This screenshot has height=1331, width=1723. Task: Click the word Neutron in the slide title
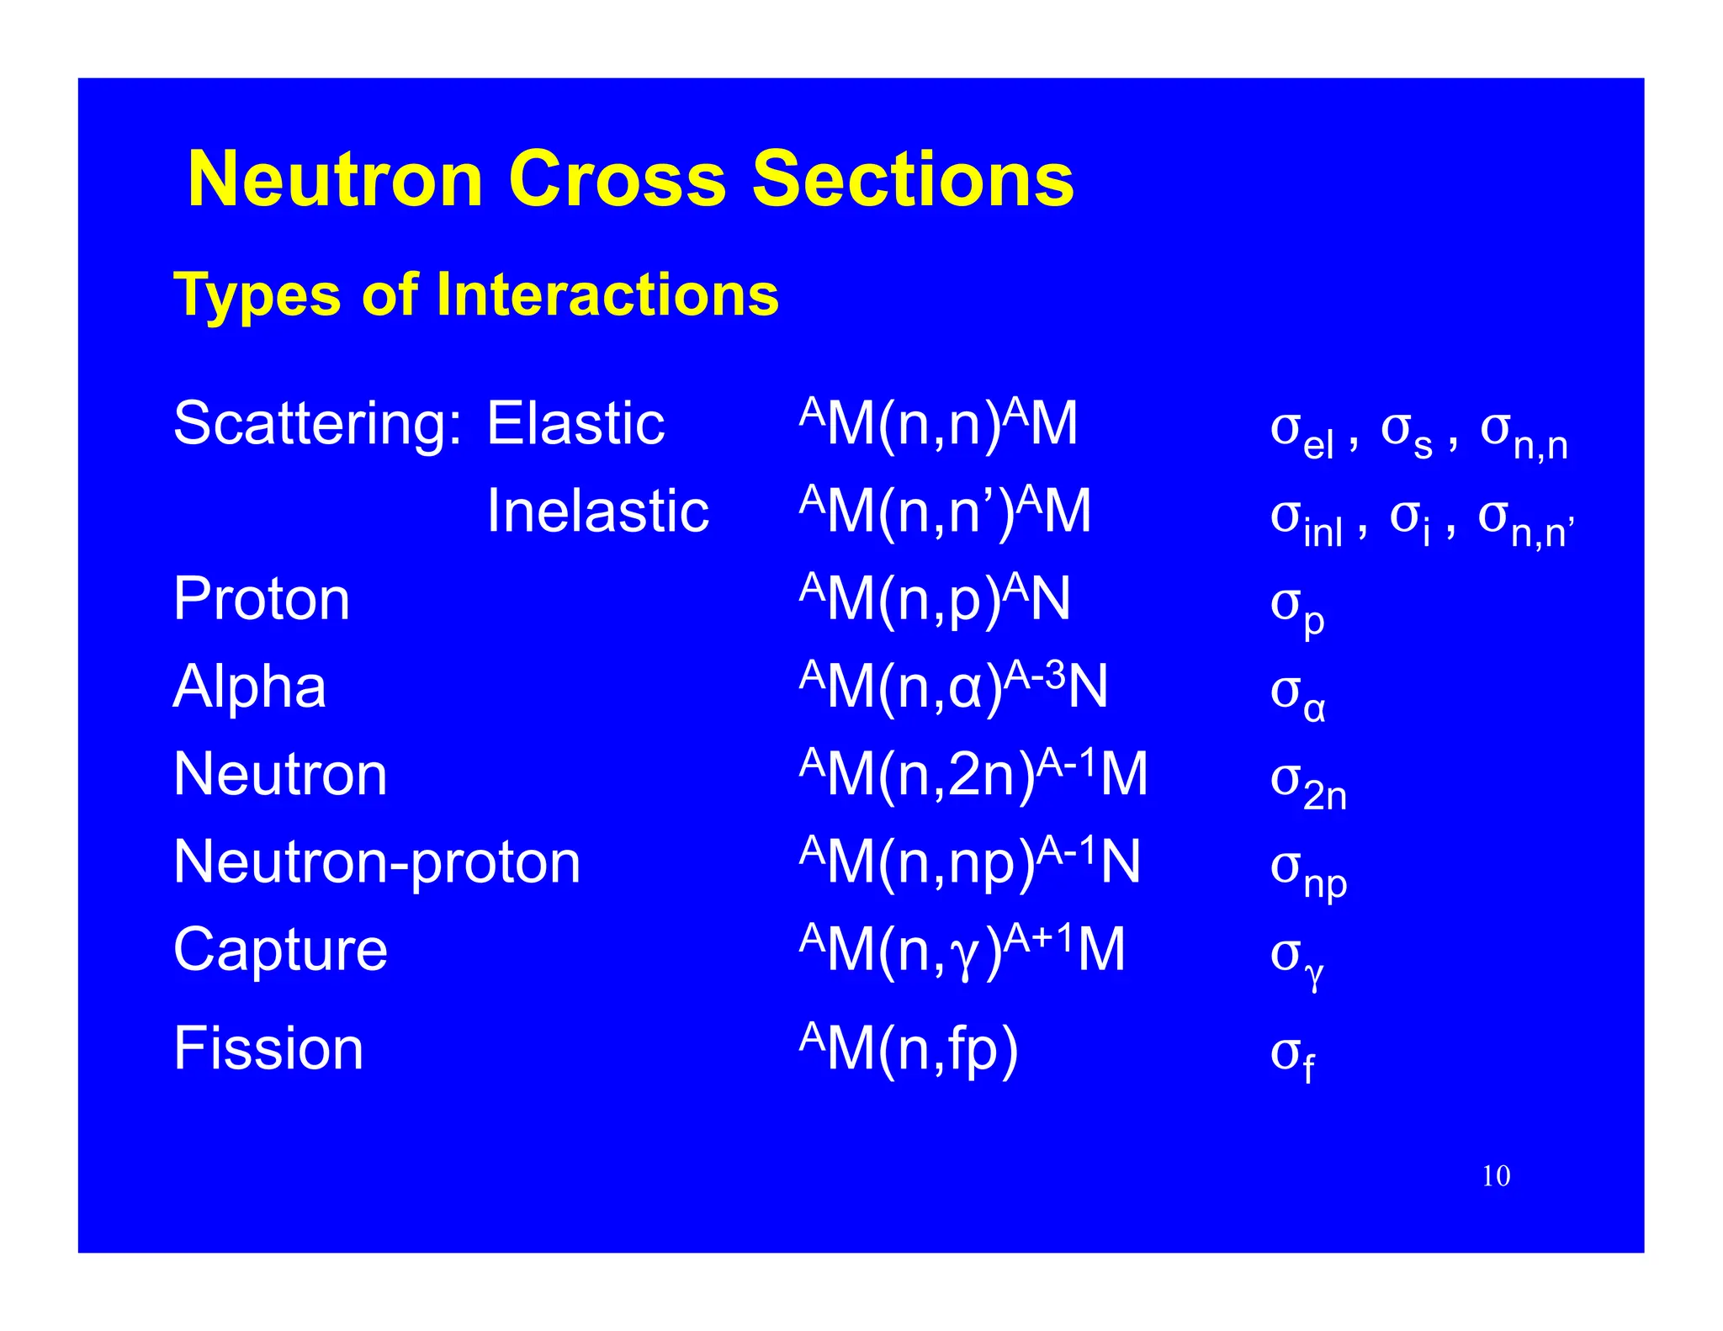[x=335, y=179]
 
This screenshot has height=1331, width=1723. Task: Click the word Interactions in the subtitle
[x=607, y=295]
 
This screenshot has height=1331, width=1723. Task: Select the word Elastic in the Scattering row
[x=575, y=423]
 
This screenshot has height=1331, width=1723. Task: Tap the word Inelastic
[x=597, y=512]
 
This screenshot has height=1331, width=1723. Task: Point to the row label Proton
[x=262, y=599]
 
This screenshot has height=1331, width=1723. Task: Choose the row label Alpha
[x=249, y=687]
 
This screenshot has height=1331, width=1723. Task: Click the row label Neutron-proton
[x=377, y=862]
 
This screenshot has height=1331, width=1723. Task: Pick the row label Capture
[x=280, y=950]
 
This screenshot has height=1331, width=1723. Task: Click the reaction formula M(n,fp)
[x=909, y=1048]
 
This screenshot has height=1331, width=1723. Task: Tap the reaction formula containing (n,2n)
[x=973, y=774]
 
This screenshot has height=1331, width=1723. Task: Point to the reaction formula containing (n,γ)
[x=962, y=950]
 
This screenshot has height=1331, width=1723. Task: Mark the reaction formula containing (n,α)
[x=953, y=687]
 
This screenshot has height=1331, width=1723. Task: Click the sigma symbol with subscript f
[x=1291, y=1055]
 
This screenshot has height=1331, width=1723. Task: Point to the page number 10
[x=1496, y=1176]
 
